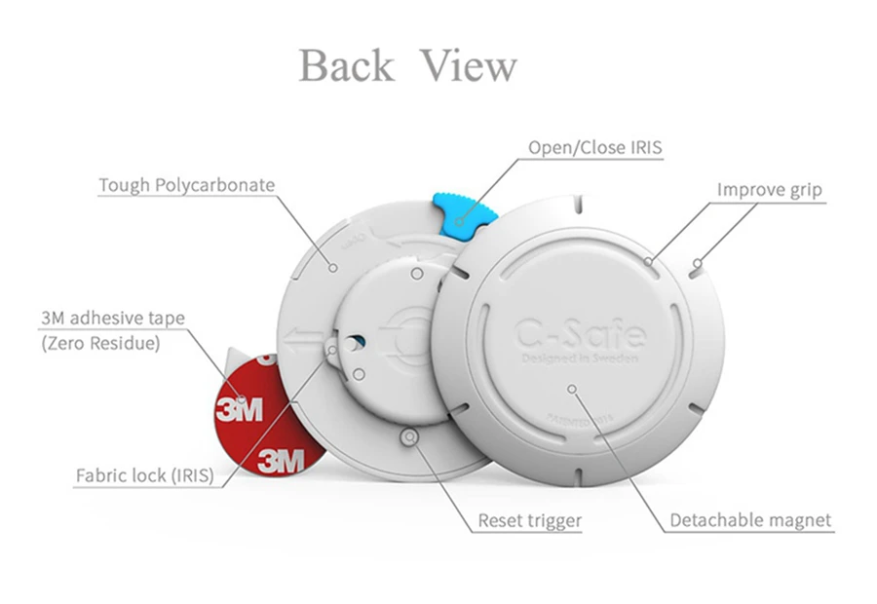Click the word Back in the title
click(x=346, y=67)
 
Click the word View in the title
click(x=469, y=67)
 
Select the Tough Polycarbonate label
click(x=186, y=185)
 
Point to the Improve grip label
click(x=770, y=189)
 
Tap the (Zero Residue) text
click(x=100, y=343)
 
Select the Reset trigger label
click(x=529, y=520)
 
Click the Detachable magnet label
click(x=750, y=520)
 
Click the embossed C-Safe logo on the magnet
click(x=579, y=333)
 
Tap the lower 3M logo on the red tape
click(x=281, y=459)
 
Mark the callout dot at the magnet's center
click(x=573, y=388)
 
